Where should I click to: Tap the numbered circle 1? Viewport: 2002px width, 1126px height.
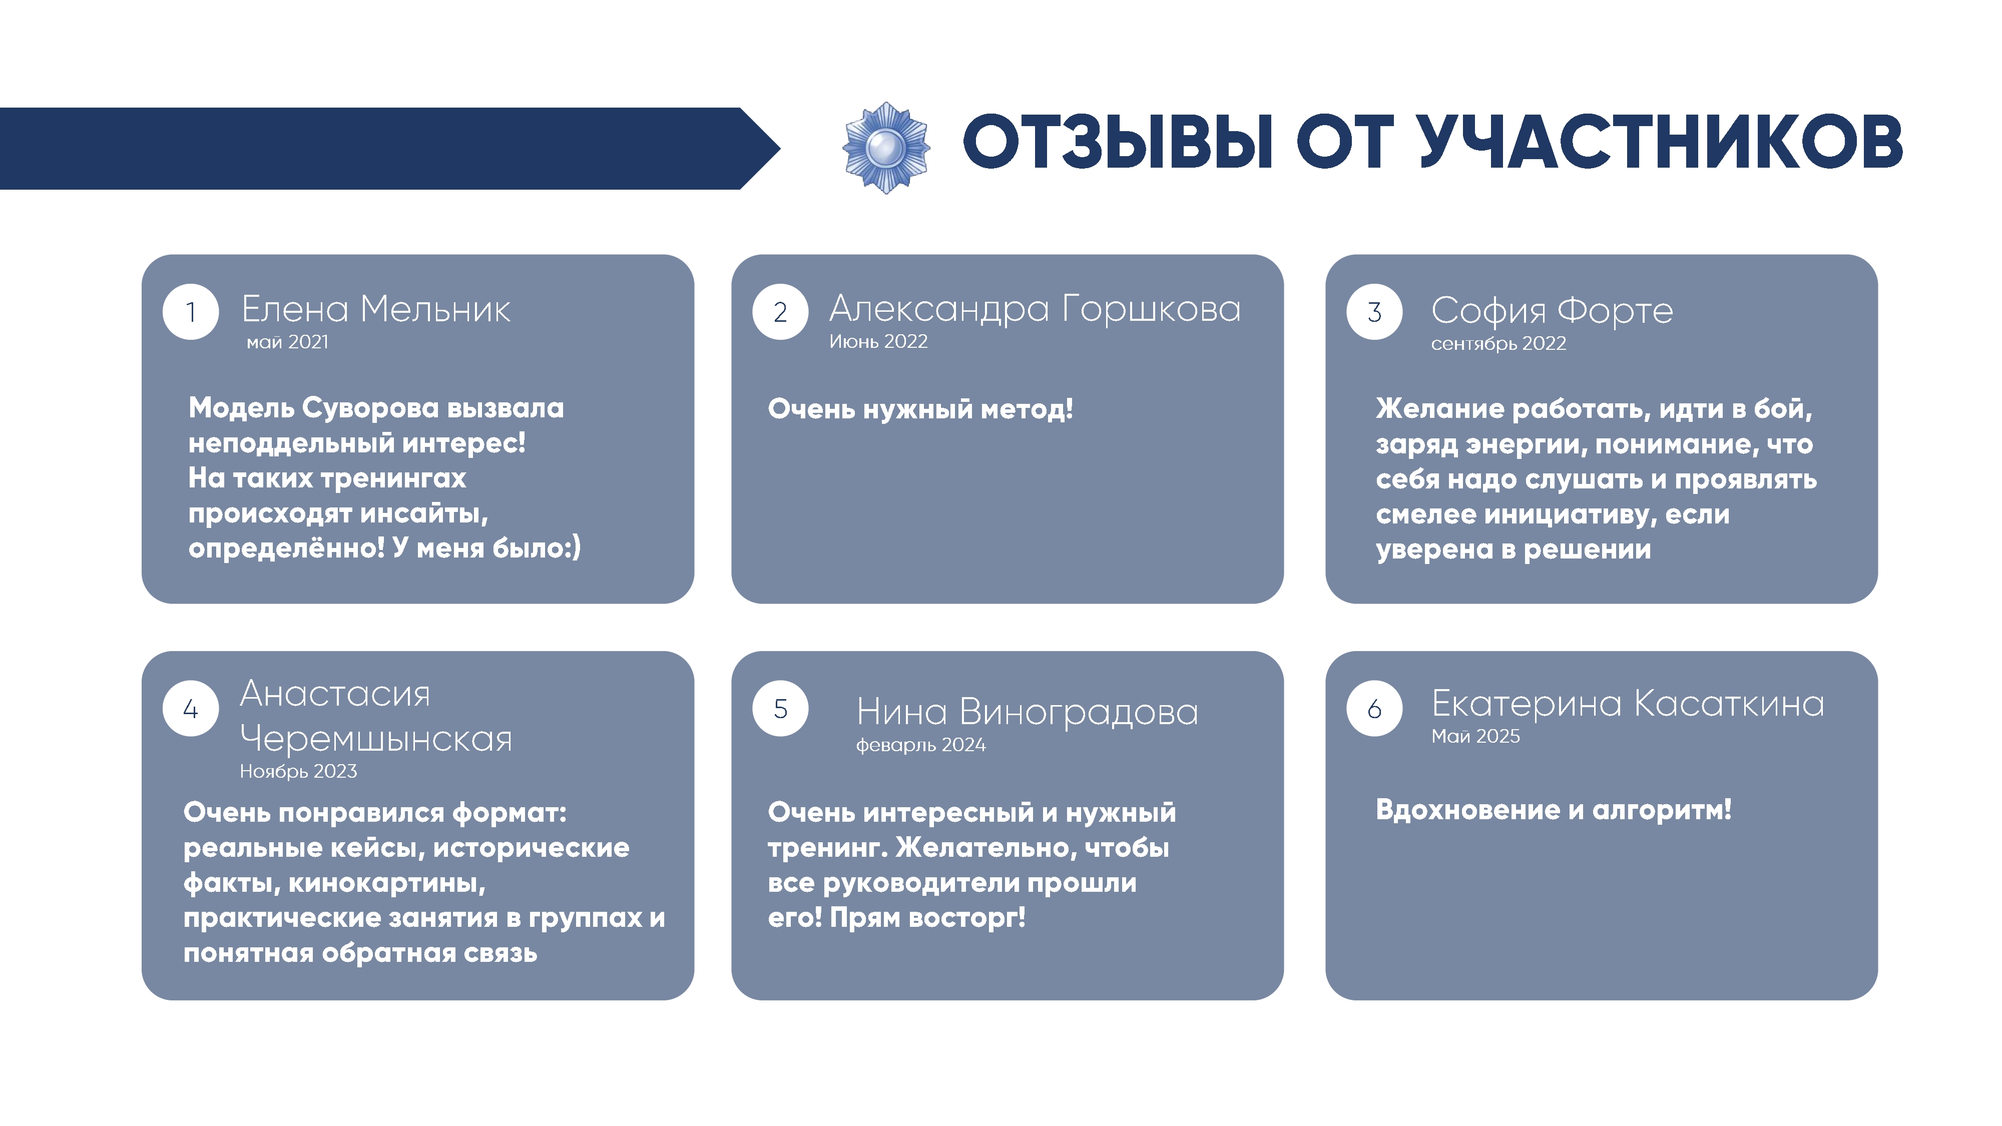[x=190, y=312]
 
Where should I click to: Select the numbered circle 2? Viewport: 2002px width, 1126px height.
[x=780, y=312]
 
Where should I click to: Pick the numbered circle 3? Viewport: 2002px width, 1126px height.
[x=1374, y=312]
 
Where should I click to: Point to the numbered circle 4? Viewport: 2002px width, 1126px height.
[x=190, y=708]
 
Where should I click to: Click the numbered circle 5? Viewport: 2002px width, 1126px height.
[x=780, y=708]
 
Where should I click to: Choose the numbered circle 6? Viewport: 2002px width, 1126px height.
[x=1374, y=708]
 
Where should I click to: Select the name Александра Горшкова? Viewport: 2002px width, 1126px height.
[x=1035, y=309]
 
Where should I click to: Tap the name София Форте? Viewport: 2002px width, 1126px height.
[x=1552, y=311]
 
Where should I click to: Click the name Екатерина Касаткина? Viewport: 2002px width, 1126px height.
[x=1628, y=703]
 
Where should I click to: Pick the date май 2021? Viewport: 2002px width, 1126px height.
[x=288, y=342]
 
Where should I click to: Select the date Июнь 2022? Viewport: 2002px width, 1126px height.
[x=878, y=341]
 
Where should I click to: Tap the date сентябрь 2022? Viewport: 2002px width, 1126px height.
[x=1498, y=343]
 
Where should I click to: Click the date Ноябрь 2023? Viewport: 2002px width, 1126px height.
[x=298, y=771]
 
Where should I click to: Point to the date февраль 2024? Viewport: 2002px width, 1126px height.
[x=921, y=745]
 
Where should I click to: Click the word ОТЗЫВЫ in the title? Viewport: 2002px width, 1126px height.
[x=1119, y=142]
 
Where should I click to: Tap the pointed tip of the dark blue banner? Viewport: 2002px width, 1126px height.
[x=779, y=148]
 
